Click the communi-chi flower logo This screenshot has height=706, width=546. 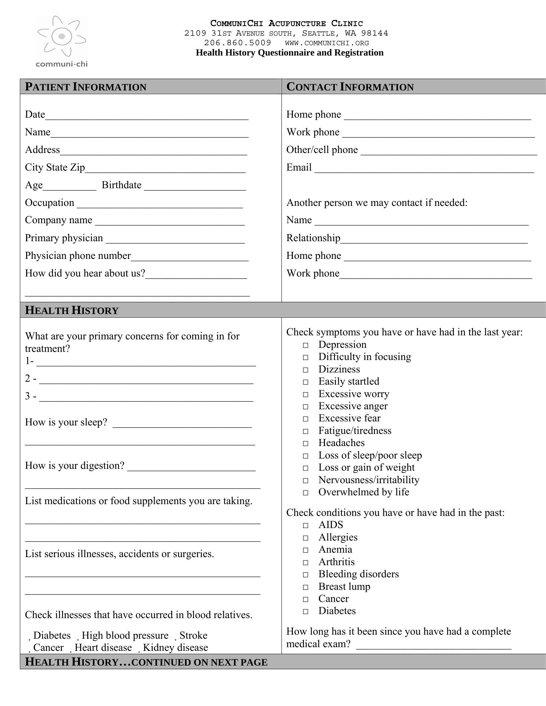(x=61, y=37)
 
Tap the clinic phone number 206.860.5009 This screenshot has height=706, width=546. (x=237, y=43)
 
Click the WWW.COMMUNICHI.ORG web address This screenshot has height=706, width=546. (x=327, y=43)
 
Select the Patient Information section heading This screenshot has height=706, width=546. (x=85, y=87)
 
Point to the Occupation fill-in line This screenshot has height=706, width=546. (x=160, y=204)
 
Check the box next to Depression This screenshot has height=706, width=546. (x=306, y=345)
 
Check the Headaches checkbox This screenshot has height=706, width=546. (x=306, y=443)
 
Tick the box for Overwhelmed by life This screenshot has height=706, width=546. (x=306, y=493)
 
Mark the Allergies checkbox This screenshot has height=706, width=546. (x=306, y=538)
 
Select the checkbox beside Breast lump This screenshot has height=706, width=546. (x=306, y=587)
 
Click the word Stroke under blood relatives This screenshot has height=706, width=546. (x=194, y=636)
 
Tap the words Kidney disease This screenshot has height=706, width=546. (x=175, y=648)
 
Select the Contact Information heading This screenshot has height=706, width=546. (x=350, y=87)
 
